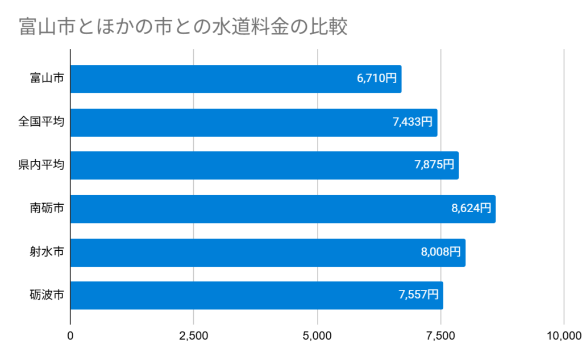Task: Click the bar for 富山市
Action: click(x=236, y=79)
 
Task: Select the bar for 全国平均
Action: click(x=253, y=122)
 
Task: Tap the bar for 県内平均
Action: click(x=264, y=165)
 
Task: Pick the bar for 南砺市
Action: click(x=282, y=209)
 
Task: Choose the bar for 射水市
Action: click(x=268, y=253)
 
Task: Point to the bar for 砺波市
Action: click(x=256, y=295)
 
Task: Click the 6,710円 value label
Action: click(x=377, y=79)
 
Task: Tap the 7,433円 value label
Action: click(x=412, y=122)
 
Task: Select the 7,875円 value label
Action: click(x=434, y=165)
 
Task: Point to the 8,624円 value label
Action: click(x=471, y=209)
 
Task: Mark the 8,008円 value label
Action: click(x=441, y=253)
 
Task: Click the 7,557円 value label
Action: click(x=419, y=295)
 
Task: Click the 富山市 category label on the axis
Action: click(x=47, y=79)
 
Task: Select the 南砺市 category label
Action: click(x=47, y=209)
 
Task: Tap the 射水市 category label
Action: click(x=47, y=253)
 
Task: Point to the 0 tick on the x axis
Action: click(x=70, y=336)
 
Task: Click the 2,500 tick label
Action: click(x=194, y=336)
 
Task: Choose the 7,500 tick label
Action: click(x=440, y=336)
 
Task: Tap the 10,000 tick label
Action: click(x=563, y=336)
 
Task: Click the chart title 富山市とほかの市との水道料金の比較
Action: click(x=183, y=27)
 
